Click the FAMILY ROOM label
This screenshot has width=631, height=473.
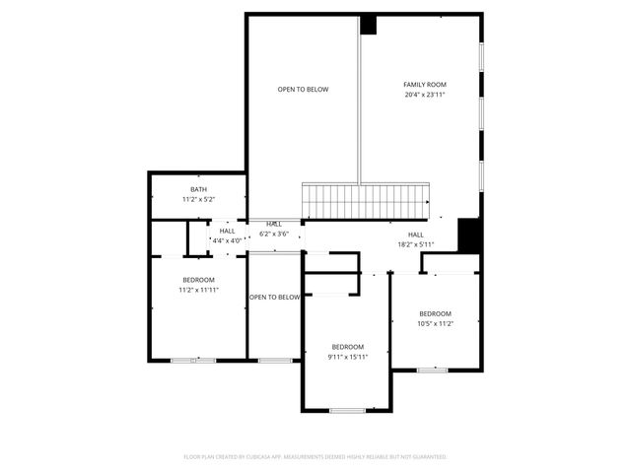tap(425, 85)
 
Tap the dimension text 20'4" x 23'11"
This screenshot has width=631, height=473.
tap(425, 95)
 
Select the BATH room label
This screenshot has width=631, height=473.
tap(198, 189)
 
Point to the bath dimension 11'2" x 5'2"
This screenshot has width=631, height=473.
tap(198, 199)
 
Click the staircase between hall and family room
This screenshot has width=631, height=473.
tap(367, 201)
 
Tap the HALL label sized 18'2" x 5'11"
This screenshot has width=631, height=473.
tap(415, 235)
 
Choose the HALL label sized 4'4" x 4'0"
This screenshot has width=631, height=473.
tap(227, 231)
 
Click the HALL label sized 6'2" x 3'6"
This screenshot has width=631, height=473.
tap(274, 224)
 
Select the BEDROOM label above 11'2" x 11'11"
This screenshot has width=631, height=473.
tap(197, 280)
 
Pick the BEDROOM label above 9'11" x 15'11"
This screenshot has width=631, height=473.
tap(347, 347)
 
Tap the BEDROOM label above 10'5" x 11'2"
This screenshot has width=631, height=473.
tap(435, 313)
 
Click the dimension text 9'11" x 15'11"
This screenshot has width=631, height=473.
tap(347, 357)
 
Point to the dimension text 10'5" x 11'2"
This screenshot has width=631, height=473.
tap(435, 323)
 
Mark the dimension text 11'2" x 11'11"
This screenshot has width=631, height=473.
tap(197, 290)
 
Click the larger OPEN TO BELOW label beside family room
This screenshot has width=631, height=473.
tap(303, 90)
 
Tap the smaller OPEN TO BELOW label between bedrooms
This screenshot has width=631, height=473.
tap(274, 297)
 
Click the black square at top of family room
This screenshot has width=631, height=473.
tap(369, 25)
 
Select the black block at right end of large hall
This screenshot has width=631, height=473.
tap(469, 235)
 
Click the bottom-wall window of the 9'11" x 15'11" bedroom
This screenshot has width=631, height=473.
tap(347, 410)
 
